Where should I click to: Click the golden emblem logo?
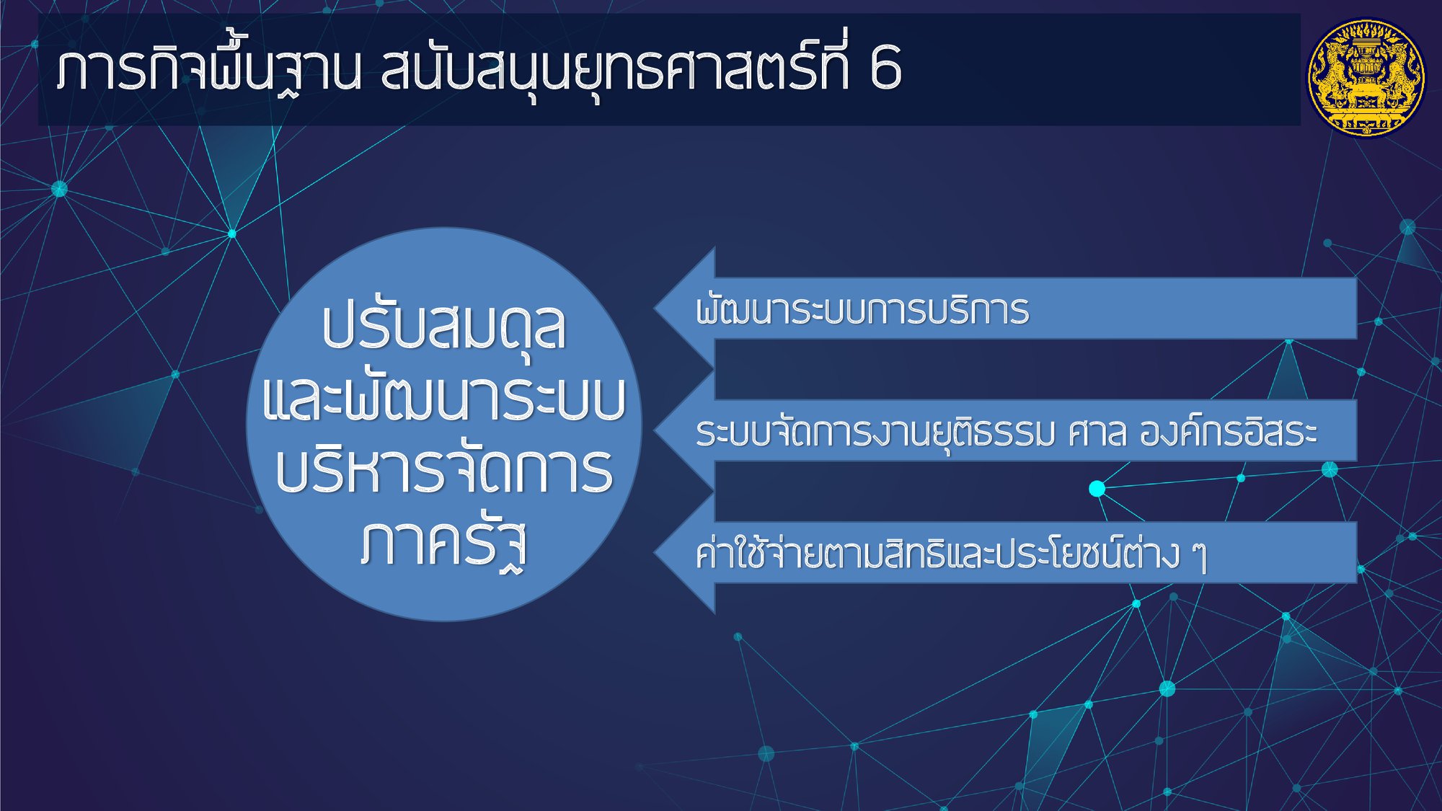1366,77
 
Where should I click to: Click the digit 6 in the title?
885,67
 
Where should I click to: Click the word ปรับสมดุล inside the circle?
444,328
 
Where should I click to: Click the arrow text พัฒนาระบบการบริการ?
862,309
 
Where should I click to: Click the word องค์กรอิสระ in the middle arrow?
1229,432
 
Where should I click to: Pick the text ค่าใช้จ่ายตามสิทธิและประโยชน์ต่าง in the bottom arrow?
937,554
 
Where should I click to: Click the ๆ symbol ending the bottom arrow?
1198,557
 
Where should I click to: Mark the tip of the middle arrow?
655,430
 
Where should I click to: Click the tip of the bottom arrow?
655,553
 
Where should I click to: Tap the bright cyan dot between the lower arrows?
1097,489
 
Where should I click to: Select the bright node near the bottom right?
1167,688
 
